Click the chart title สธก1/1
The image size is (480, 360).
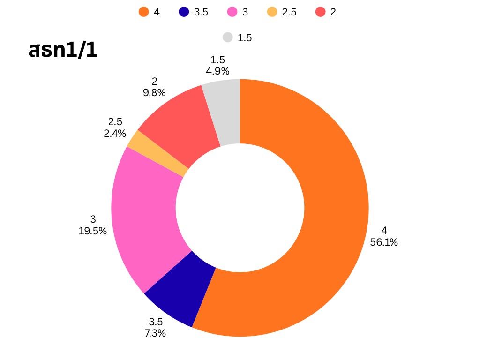[63, 51]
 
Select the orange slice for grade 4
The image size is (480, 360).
[328, 211]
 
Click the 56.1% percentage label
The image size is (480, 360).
[384, 242]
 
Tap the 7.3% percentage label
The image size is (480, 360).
[155, 333]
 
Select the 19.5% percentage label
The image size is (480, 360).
[93, 231]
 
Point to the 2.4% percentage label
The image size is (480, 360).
[115, 133]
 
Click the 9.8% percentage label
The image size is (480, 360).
[154, 93]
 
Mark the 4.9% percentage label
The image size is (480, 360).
[217, 71]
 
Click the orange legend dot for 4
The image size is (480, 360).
[143, 12]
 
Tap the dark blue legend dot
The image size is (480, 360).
[184, 12]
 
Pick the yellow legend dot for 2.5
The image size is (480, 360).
[272, 12]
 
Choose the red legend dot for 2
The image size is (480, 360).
[321, 12]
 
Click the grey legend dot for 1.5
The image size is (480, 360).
[228, 37]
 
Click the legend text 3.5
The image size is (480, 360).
[201, 12]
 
